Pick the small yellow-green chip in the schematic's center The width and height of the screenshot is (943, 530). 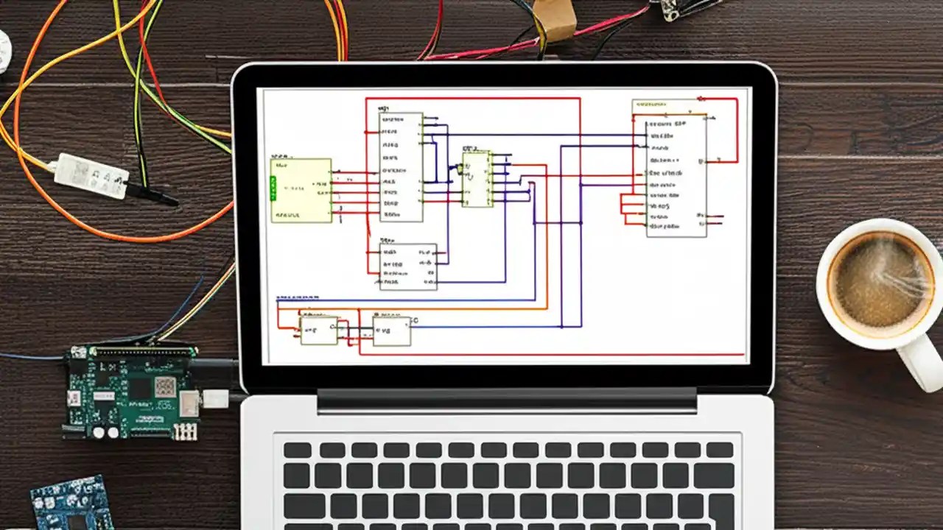click(x=477, y=179)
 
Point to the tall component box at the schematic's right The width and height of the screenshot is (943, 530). click(x=676, y=177)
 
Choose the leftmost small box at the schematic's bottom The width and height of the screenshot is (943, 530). click(x=318, y=331)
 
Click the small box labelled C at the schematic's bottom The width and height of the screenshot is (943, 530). click(x=391, y=331)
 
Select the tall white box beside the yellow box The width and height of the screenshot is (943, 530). click(x=401, y=166)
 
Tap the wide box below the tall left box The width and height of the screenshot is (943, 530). click(x=408, y=266)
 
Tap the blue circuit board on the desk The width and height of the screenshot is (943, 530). click(x=71, y=504)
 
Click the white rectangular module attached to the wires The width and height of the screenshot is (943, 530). click(x=91, y=176)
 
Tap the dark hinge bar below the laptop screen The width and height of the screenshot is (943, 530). click(x=507, y=400)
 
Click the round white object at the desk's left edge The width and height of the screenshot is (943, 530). click(x=4, y=52)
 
